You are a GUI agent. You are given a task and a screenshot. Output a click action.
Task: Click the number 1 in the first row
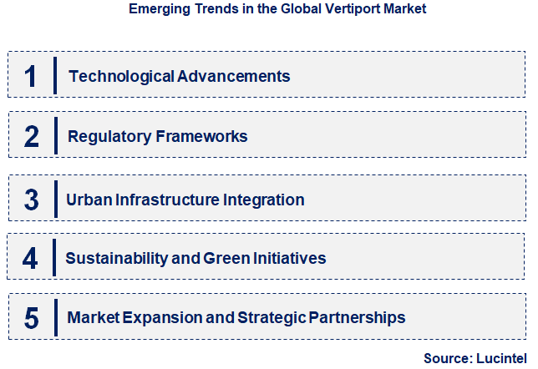(32, 76)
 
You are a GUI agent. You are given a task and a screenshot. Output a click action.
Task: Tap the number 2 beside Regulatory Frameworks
(32, 136)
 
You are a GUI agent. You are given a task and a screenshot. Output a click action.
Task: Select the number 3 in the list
(32, 200)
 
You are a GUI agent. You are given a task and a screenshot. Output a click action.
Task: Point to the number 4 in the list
(31, 259)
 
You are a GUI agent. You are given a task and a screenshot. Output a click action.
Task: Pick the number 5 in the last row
(32, 317)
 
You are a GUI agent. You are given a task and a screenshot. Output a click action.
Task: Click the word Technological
(122, 77)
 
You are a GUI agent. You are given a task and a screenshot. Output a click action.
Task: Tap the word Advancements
(233, 77)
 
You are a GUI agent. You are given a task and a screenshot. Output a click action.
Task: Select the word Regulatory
(109, 136)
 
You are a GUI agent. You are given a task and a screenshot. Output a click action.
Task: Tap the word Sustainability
(118, 259)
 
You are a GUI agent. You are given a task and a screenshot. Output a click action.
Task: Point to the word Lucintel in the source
(503, 358)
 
